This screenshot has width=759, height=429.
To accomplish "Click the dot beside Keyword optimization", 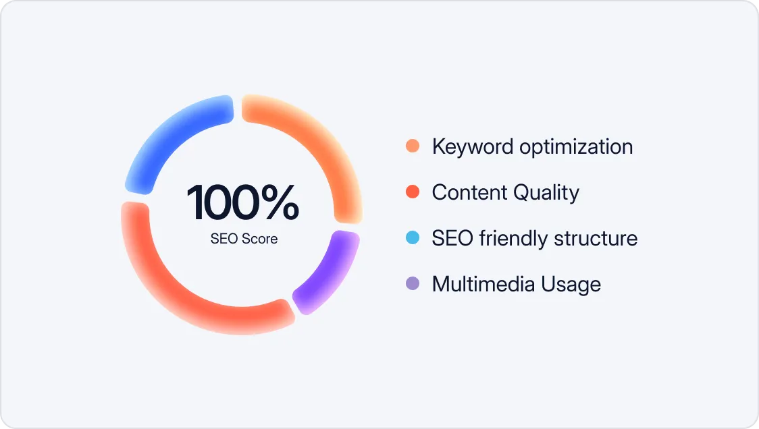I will pyautogui.click(x=413, y=146).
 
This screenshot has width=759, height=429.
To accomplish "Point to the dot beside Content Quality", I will pyautogui.click(x=413, y=192).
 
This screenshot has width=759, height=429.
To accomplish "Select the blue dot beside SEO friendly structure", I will pyautogui.click(x=413, y=238).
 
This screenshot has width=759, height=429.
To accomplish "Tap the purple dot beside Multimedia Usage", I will pyautogui.click(x=413, y=284).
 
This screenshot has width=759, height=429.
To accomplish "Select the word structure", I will pyautogui.click(x=596, y=238).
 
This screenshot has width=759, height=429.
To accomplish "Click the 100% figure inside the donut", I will pyautogui.click(x=243, y=203).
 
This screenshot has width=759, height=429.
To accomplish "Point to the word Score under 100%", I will pyautogui.click(x=260, y=239).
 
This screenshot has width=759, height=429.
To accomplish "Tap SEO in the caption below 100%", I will pyautogui.click(x=224, y=239).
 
